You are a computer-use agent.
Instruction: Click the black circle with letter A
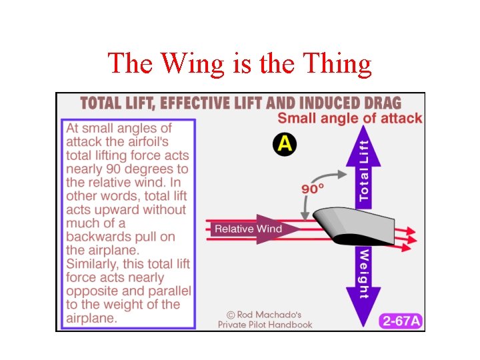click(285, 144)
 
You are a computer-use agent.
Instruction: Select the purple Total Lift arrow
click(362, 167)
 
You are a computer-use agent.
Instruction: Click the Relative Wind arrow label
click(248, 229)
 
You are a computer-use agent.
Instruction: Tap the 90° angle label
click(313, 189)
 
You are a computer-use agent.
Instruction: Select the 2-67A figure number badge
click(401, 321)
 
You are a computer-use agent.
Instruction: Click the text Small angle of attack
click(349, 119)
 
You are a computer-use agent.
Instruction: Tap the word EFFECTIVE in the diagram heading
click(195, 103)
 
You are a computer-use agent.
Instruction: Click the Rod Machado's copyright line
click(265, 313)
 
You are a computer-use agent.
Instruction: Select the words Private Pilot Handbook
click(265, 325)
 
